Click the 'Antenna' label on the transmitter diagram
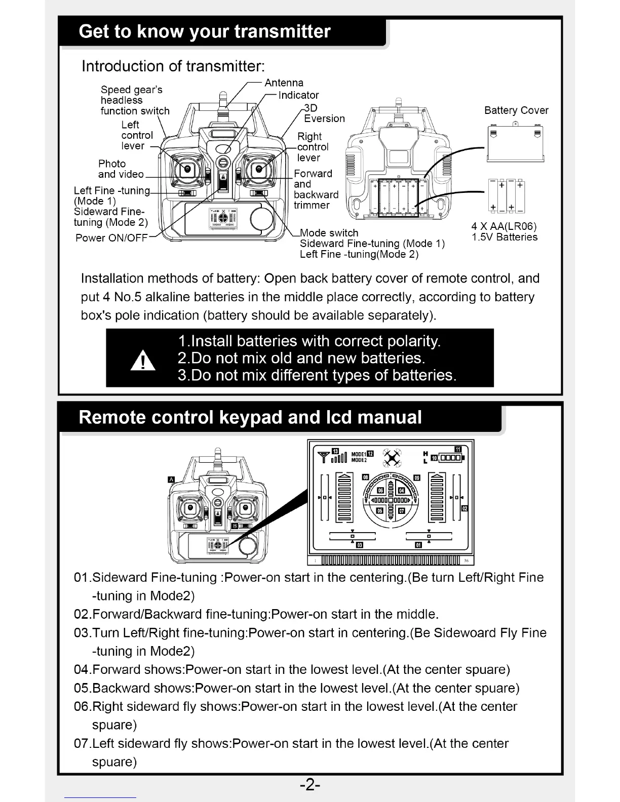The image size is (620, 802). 284,83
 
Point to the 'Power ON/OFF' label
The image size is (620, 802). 111,238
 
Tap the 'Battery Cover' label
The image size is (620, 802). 516,110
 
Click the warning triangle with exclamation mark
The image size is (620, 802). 143,360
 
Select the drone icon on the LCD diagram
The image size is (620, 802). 392,458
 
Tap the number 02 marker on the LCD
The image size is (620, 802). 464,508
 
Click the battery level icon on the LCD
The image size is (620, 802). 450,458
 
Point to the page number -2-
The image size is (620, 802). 309,785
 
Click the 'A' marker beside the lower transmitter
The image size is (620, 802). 171,479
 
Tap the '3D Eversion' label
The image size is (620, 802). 324,113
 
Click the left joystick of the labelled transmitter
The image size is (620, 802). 187,169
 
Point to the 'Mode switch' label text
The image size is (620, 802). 329,233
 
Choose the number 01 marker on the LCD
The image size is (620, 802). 418,545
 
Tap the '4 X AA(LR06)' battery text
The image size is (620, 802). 504,226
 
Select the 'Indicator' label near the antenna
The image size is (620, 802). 299,95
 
